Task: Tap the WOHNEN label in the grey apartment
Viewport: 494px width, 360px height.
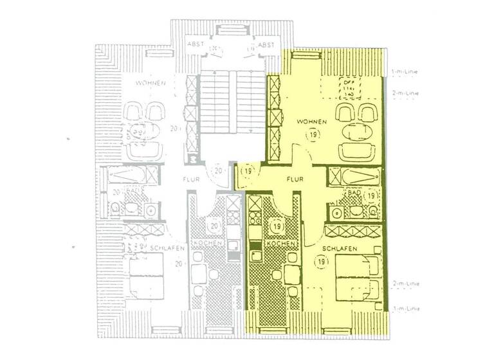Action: click(151, 84)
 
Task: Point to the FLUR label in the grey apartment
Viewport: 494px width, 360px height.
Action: click(191, 181)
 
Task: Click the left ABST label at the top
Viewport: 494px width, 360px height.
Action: click(195, 44)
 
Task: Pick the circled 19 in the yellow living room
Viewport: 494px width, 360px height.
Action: click(313, 134)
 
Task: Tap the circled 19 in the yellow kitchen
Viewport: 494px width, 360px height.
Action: click(277, 226)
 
